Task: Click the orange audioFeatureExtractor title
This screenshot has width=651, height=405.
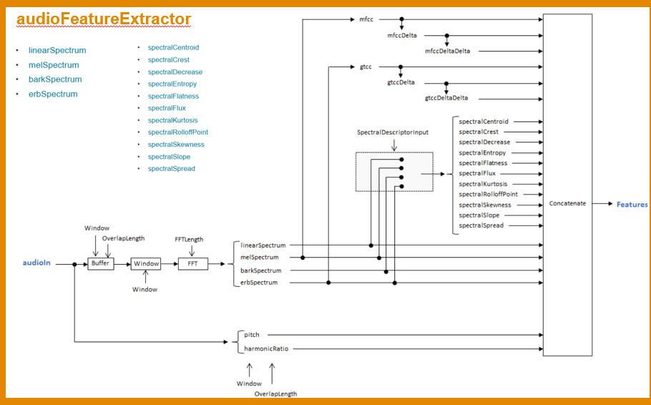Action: [x=103, y=19]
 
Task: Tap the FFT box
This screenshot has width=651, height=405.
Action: [x=192, y=263]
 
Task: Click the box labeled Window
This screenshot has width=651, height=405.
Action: [x=146, y=263]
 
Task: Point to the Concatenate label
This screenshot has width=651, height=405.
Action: [x=567, y=203]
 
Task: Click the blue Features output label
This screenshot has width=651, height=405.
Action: [x=632, y=205]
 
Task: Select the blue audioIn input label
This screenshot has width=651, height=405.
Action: [x=37, y=263]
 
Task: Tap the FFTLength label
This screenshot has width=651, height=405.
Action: [x=189, y=239]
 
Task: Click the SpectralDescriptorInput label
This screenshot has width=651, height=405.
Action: [x=393, y=132]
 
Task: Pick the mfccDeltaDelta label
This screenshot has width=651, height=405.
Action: [x=449, y=51]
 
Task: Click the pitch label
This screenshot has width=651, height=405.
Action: [x=252, y=334]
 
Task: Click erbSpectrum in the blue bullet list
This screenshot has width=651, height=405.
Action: [x=53, y=94]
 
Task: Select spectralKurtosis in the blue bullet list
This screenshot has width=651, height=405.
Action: [x=173, y=120]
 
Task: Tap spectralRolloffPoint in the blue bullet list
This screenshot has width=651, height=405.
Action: [x=178, y=132]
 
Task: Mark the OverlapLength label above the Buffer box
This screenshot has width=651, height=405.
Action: [x=124, y=237]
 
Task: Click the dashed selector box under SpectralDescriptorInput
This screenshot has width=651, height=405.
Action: [x=394, y=172]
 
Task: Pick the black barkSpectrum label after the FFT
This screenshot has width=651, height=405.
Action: [x=261, y=270]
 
